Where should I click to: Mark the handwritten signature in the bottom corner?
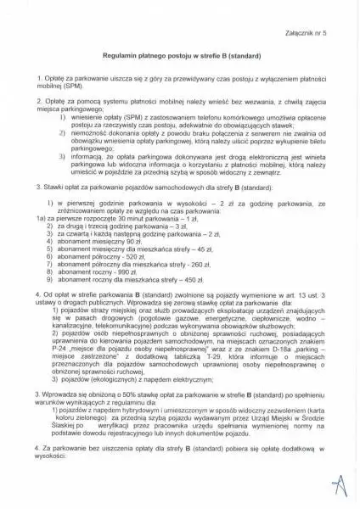340,487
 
